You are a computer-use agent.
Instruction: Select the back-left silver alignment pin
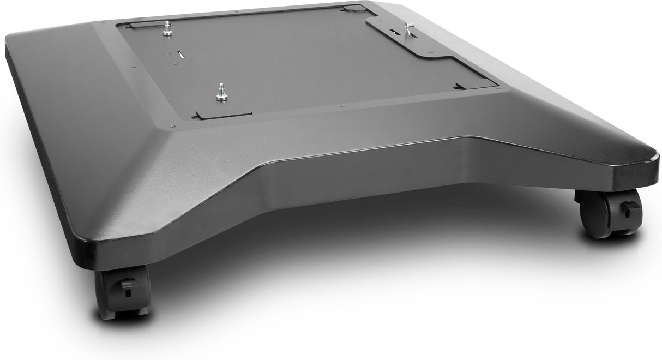click(x=167, y=30)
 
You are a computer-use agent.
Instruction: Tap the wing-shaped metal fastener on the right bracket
click(x=409, y=28)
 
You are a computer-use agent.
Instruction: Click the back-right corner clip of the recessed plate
click(x=352, y=8)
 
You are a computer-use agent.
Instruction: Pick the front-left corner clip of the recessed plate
click(x=224, y=115)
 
